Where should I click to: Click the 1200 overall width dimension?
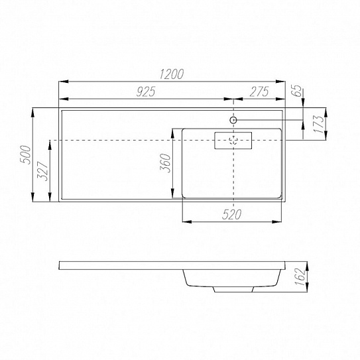[172, 74]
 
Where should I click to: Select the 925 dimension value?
[146, 91]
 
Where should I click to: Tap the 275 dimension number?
[259, 91]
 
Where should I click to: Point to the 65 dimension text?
[296, 91]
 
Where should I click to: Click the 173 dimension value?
[318, 124]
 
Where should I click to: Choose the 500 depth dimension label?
[25, 154]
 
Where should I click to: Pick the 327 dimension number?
[42, 171]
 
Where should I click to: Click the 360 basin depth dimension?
[165, 163]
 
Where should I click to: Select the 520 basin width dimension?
[231, 215]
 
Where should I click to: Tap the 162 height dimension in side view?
[300, 276]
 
